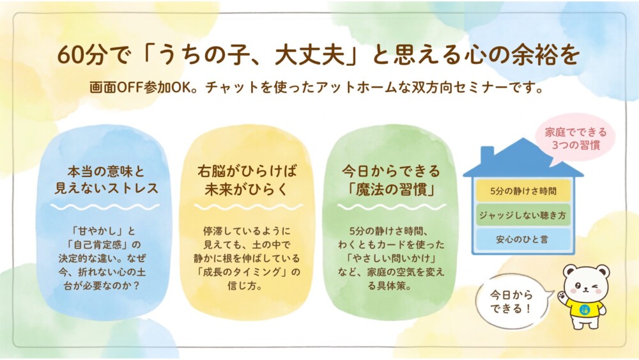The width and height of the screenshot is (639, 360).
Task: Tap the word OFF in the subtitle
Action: (130, 88)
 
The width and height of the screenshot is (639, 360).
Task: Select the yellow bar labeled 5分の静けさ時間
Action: (523, 191)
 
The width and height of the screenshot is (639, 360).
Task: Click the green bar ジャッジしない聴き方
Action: (523, 215)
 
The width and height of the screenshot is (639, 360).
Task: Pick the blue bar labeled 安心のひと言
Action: (523, 239)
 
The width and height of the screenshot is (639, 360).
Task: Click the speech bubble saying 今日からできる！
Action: (512, 302)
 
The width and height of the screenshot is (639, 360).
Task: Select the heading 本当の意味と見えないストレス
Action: (106, 180)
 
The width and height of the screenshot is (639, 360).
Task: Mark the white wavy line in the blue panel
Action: (105, 207)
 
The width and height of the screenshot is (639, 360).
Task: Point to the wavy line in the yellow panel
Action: (249, 207)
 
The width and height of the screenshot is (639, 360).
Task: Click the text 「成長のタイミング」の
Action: (247, 272)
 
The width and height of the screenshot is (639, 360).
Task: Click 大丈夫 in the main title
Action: (310, 55)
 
